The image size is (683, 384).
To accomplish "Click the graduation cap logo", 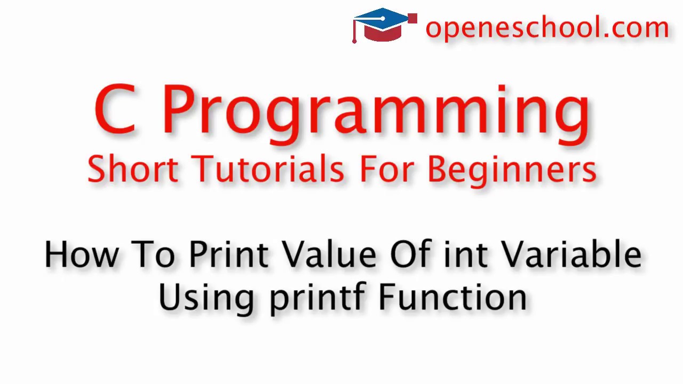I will coord(383,25).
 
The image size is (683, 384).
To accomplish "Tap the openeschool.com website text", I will coord(547,28).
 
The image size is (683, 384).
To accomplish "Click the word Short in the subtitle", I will coord(133,169).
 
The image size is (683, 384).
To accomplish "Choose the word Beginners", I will coord(512,169).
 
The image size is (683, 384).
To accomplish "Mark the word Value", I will coord(329,254).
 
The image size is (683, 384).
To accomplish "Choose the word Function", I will coord(452,297).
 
